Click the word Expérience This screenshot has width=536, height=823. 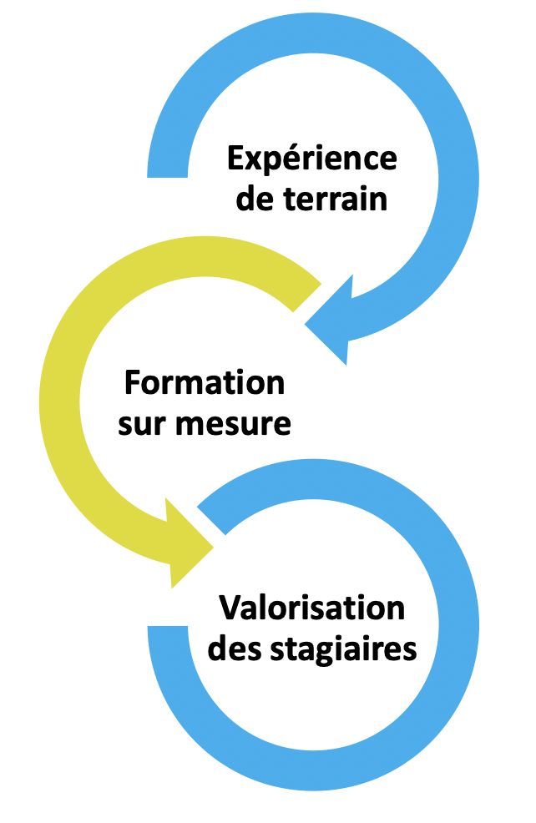[x=311, y=159]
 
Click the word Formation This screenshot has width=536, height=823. [x=205, y=383]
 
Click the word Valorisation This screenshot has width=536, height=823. [x=311, y=608]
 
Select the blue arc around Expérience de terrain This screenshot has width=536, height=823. [x=451, y=167]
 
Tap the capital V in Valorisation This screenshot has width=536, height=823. [x=230, y=608]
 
